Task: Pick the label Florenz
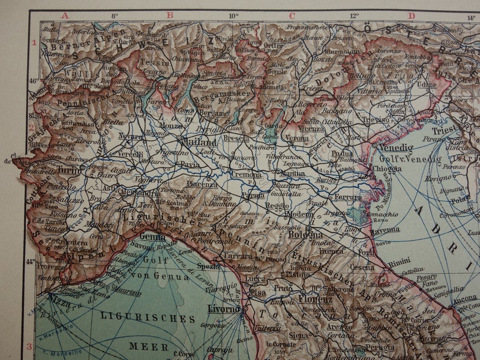[314, 298]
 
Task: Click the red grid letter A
[65, 16]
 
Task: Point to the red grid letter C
[292, 16]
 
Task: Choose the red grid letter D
[412, 16]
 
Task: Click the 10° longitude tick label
[233, 16]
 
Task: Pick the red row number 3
[28, 347]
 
